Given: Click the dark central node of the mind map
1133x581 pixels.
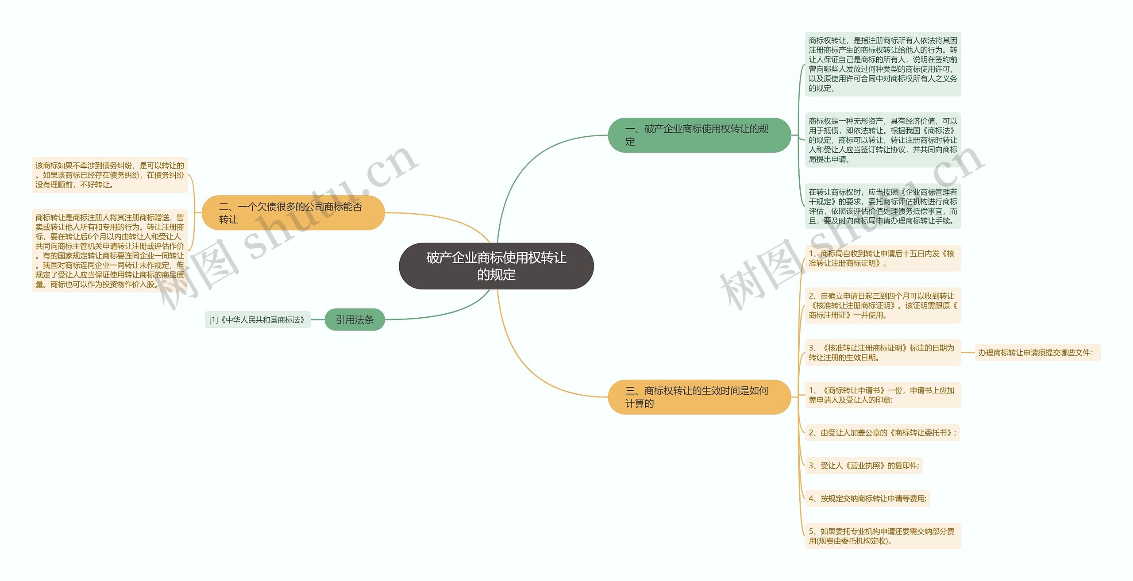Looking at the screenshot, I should pos(496,266).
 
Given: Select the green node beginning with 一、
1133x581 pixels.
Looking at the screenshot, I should pos(699,135).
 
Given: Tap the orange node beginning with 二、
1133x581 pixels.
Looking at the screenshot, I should pos(293,213).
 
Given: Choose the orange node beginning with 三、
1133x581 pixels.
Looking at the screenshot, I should pos(699,397).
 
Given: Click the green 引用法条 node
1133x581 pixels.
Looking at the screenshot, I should pos(355,319).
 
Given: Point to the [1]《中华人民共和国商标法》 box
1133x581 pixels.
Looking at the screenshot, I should pos(257,319).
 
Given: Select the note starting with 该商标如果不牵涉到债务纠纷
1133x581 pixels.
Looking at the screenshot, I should pos(110,175).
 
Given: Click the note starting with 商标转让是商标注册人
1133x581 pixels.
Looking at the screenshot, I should pos(110,250).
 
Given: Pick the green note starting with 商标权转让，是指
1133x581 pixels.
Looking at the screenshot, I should pos(883,64).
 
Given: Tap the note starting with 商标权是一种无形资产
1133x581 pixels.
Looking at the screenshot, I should pos(883,140).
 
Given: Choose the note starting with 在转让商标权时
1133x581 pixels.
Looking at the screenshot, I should pos(883,206).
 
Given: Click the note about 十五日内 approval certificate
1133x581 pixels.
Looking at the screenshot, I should pos(883,258).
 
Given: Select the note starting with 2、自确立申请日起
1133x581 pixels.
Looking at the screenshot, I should pos(883,305).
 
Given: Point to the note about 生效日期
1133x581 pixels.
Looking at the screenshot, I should pos(883,353).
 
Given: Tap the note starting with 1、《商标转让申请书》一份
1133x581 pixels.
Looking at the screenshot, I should pos(883,395).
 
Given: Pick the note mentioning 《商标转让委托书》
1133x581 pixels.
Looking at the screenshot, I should pos(882,433).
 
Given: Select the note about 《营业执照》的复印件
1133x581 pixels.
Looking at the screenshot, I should pos(863,466).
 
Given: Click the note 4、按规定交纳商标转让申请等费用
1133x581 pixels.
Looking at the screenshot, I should pos(867,498).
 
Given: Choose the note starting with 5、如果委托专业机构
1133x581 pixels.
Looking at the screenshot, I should pos(883,536).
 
